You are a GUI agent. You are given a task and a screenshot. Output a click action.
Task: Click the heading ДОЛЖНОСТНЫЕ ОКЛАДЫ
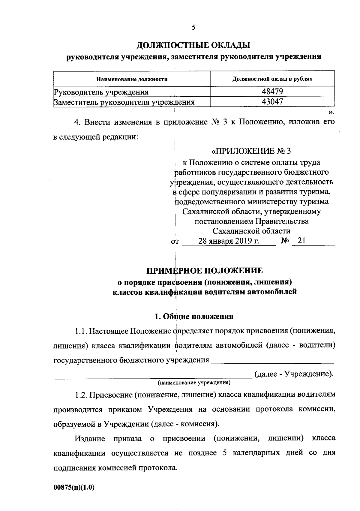(193, 45)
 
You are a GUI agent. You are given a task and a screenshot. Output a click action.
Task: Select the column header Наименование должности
(132, 79)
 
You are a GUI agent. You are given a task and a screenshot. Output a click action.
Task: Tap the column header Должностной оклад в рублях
(272, 79)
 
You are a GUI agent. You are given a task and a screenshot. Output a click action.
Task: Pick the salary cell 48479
(272, 91)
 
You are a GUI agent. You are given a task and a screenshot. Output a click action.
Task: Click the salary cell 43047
(272, 102)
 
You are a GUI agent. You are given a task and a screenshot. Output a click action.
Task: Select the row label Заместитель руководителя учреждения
(124, 102)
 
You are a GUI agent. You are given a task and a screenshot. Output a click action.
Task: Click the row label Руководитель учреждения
(101, 92)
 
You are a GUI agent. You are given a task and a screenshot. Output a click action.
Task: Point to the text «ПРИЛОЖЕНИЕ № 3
(251, 151)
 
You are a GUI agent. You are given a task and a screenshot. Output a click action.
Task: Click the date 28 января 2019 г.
(229, 241)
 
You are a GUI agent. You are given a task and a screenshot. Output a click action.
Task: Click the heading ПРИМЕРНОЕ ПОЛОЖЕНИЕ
(205, 271)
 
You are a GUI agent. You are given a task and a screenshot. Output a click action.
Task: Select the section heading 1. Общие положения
(193, 316)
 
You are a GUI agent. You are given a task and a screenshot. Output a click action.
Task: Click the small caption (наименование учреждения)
(194, 383)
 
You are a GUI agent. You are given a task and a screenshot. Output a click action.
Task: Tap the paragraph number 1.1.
(81, 331)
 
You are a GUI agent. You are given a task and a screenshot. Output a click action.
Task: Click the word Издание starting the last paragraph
(90, 439)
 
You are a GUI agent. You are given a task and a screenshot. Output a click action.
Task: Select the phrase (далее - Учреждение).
(294, 374)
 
